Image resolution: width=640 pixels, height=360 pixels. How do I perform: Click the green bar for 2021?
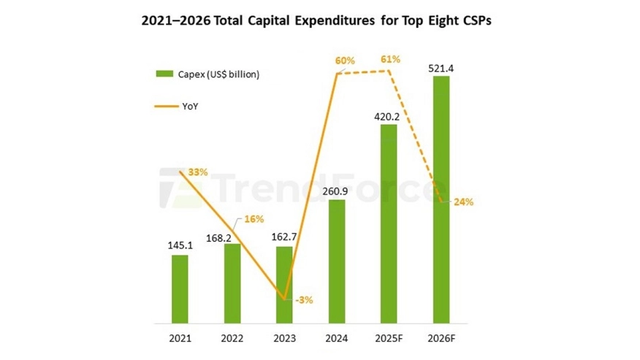coord(180,288)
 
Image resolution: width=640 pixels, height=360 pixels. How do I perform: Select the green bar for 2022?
coord(232,283)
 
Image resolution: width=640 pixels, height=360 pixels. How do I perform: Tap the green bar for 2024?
coord(336,261)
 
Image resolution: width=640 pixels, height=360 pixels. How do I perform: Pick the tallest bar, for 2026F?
coord(441,199)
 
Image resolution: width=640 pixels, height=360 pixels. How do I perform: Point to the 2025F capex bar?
coord(389,223)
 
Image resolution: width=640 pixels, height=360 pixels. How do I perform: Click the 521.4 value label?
coord(441,69)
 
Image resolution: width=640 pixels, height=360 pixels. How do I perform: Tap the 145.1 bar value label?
coord(180,247)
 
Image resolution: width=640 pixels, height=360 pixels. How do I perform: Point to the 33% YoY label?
coord(197,172)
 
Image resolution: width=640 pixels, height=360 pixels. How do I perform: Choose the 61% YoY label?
coord(390,59)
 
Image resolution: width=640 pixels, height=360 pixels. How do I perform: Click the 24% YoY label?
coord(463,202)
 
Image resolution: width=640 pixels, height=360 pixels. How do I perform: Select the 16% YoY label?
coord(254,219)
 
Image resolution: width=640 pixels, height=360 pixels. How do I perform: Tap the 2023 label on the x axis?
coord(284,338)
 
